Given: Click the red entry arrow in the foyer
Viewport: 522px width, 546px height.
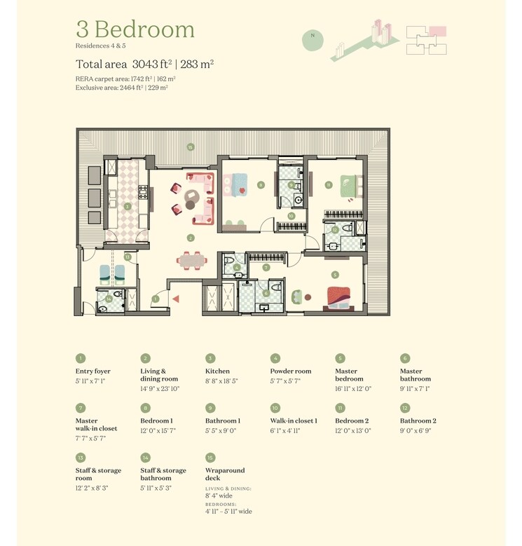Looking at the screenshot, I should point(176,299).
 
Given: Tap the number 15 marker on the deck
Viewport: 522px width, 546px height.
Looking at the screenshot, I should point(190,146).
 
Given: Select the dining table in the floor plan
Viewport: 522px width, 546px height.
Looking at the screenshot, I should point(193,260).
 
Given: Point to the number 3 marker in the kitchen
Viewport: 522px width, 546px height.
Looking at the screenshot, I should point(128,207).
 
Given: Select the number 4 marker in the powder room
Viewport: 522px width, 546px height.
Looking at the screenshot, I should point(237,267).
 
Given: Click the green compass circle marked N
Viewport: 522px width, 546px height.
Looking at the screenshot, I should point(312,40).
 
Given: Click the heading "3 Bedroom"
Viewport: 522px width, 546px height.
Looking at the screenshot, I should point(135,29).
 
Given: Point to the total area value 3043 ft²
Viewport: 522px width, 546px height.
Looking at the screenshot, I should point(161,63).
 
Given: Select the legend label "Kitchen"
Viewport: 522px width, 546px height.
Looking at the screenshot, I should point(217,371).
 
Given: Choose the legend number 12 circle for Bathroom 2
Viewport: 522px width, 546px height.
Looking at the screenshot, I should point(405,408).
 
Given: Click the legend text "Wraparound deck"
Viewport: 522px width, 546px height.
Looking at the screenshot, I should point(225,475).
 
